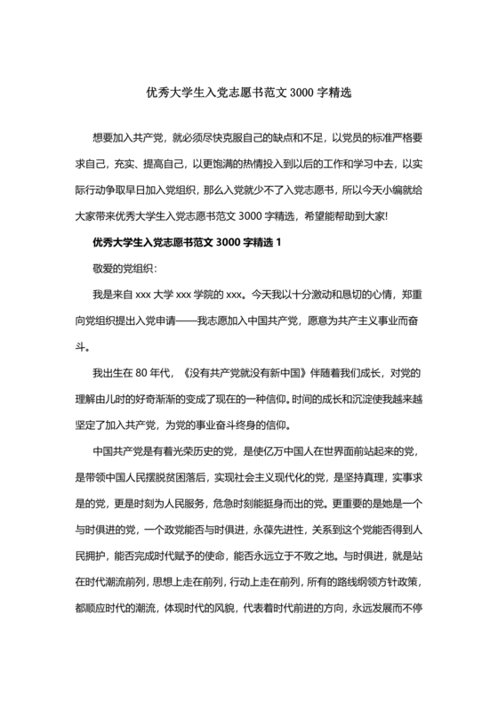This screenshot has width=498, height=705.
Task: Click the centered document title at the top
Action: click(x=249, y=93)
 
